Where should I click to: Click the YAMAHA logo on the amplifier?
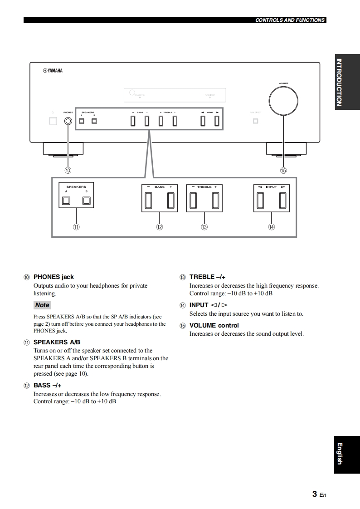coord(53,71)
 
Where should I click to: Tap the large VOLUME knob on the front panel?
coord(283,100)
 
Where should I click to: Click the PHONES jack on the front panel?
coord(68,121)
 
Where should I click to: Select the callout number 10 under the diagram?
coord(68,171)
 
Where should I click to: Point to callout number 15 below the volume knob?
coord(283,171)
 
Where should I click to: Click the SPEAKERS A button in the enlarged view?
coord(66,201)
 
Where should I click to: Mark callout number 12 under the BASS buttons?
coord(160,227)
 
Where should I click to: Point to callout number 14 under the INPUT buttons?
coord(271,227)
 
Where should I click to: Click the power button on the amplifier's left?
coord(53,121)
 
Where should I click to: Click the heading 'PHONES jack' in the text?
coord(54,277)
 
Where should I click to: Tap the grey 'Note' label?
coord(42,305)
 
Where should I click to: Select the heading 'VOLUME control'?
coord(214,325)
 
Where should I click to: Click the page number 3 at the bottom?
coord(314,494)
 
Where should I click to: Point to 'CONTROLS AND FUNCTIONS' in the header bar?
coord(290,20)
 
